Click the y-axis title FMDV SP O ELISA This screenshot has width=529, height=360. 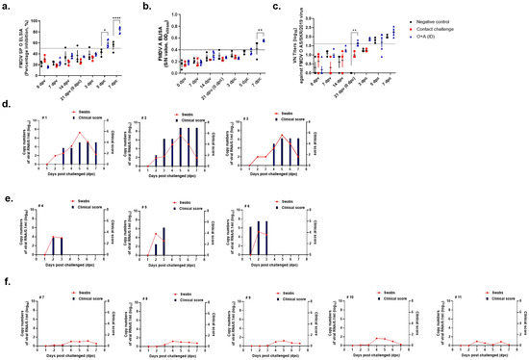tap(13, 47)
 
